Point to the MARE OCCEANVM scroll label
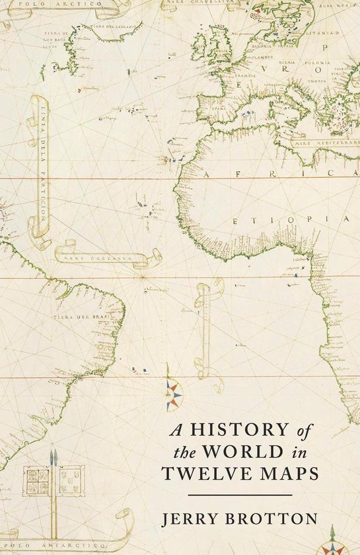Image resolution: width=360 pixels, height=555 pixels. (x=100, y=254)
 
